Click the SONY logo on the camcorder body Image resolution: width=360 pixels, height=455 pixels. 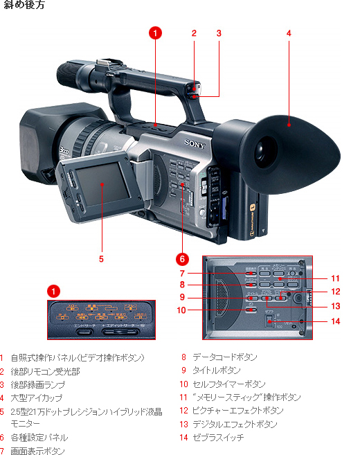pos(195,143)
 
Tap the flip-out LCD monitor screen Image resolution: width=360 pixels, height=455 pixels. pos(101,185)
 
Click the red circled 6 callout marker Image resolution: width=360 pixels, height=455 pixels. pos(181,259)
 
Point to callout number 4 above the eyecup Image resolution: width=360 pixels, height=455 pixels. pos(288,33)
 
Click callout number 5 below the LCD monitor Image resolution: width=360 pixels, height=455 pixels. pos(101,259)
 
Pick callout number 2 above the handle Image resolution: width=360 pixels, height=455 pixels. pos(195,33)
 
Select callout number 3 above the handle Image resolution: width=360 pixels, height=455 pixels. pos(219,33)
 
